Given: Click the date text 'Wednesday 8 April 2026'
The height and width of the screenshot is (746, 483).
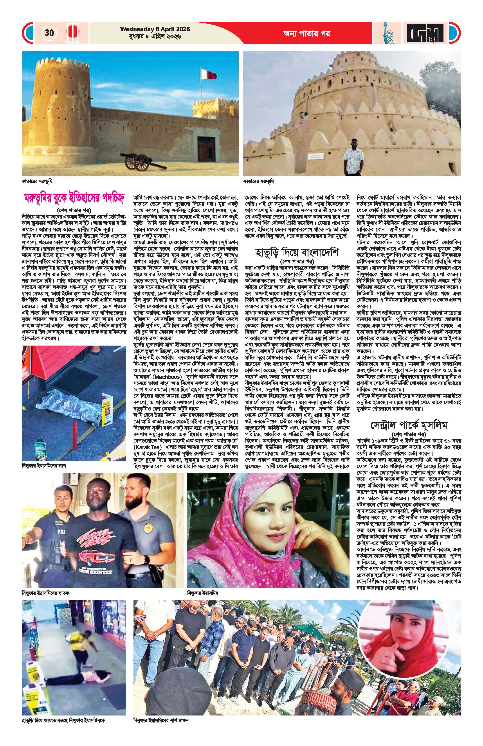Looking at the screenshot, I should [155, 29].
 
